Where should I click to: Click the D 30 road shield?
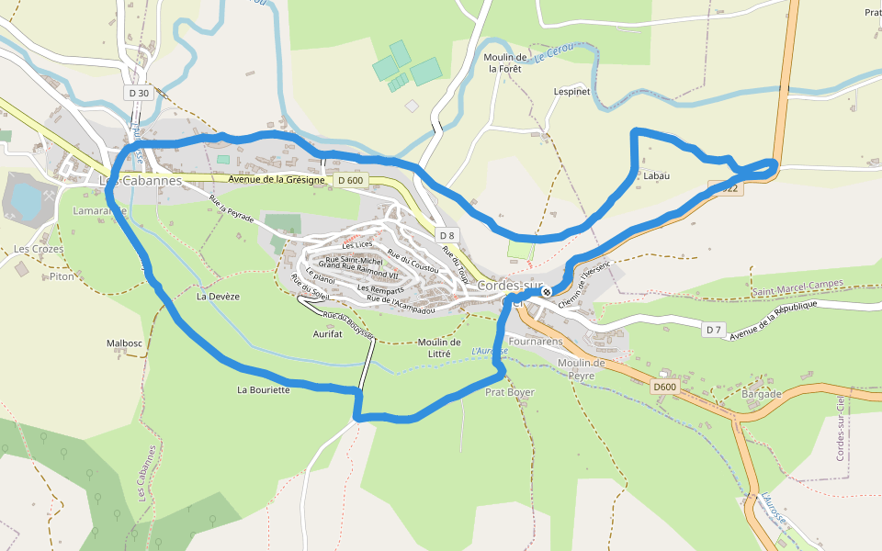pos(139,93)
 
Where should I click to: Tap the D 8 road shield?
pos(447,235)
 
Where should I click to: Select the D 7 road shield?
pos(714,330)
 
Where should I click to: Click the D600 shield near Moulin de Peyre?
pos(664,388)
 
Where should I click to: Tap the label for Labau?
pos(656,175)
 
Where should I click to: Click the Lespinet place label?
pos(571,92)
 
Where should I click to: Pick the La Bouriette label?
pos(264,389)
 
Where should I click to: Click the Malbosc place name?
pos(124,343)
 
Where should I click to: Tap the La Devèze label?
pos(218,297)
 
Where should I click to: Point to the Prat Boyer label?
pos(509,392)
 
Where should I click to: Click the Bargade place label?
pos(761,394)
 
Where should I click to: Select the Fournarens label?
pos(535,341)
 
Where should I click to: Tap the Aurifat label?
pos(327,334)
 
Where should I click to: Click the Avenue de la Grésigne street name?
pos(277,180)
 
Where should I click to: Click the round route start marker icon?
pos(547,292)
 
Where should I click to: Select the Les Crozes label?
pos(33,249)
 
